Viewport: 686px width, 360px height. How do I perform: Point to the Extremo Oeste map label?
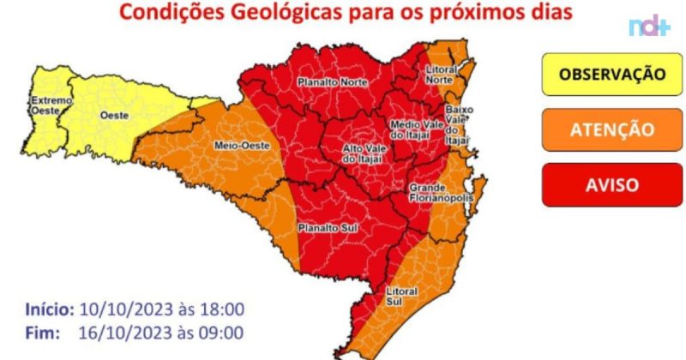(x=47, y=106)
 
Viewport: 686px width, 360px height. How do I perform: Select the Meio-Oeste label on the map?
(x=242, y=146)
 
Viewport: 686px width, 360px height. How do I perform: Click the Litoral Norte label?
(x=442, y=73)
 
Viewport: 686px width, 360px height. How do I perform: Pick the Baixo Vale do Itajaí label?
(x=458, y=125)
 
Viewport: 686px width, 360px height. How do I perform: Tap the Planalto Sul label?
(x=322, y=228)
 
